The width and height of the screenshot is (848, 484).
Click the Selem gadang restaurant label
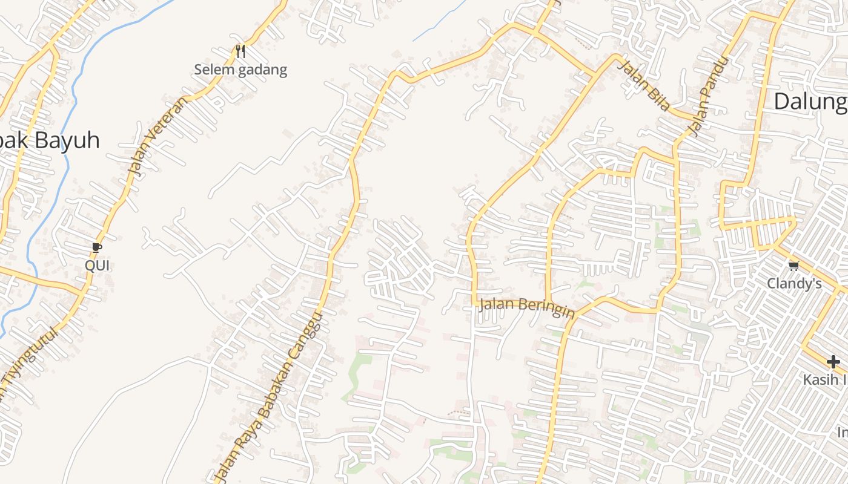coord(240,70)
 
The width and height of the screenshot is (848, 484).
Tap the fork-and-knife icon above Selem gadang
coord(240,51)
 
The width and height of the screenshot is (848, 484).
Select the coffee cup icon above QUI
coord(96,247)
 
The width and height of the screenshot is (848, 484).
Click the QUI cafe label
coord(97,265)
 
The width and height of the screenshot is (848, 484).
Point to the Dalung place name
coord(810,102)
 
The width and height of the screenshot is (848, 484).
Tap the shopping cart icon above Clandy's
coord(793,266)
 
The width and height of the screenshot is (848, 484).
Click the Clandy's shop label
coord(794,283)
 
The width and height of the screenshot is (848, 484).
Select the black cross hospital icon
coord(833,362)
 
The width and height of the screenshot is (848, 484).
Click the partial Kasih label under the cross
coord(824,379)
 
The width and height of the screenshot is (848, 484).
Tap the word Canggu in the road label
coord(305,341)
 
